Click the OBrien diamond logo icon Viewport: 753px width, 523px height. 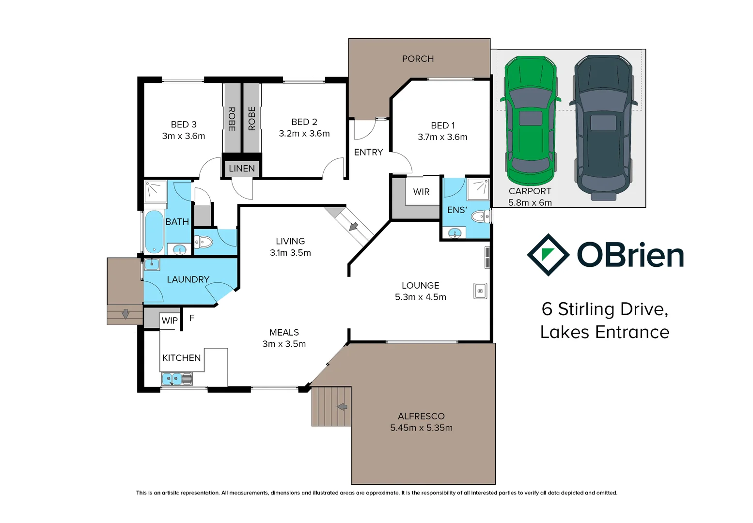point(548,255)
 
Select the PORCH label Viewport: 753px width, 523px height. point(418,59)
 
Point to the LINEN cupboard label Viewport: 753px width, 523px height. point(242,169)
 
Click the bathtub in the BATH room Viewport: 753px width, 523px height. point(155,231)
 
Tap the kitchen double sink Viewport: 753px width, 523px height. point(177,379)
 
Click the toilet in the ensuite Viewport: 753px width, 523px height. point(481,216)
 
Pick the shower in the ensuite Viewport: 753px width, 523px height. point(478,189)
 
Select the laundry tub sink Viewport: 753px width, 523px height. point(152,264)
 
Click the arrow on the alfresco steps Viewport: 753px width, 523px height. point(342,407)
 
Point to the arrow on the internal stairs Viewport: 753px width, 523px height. point(353,226)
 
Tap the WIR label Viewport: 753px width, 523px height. point(421,192)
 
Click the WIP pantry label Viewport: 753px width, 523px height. point(170,321)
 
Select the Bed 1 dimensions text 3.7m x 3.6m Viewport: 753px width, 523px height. point(442,137)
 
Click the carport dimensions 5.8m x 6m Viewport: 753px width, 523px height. point(530,202)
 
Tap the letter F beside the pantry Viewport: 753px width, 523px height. point(192,318)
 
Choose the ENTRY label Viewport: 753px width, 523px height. point(368,153)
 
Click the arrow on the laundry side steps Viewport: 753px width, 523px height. point(125,314)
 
